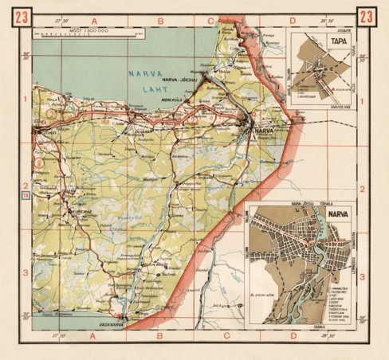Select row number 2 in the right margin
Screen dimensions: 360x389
tap(363, 189)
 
